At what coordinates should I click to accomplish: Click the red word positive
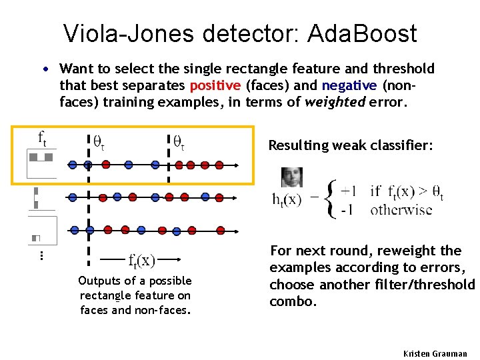(215, 85)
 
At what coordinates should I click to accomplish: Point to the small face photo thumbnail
(292, 177)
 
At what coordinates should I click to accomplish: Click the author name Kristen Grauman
(435, 353)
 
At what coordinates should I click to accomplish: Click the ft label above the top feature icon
(41, 139)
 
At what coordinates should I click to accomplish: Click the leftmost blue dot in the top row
(73, 163)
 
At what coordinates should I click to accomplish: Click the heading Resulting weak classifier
(350, 145)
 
